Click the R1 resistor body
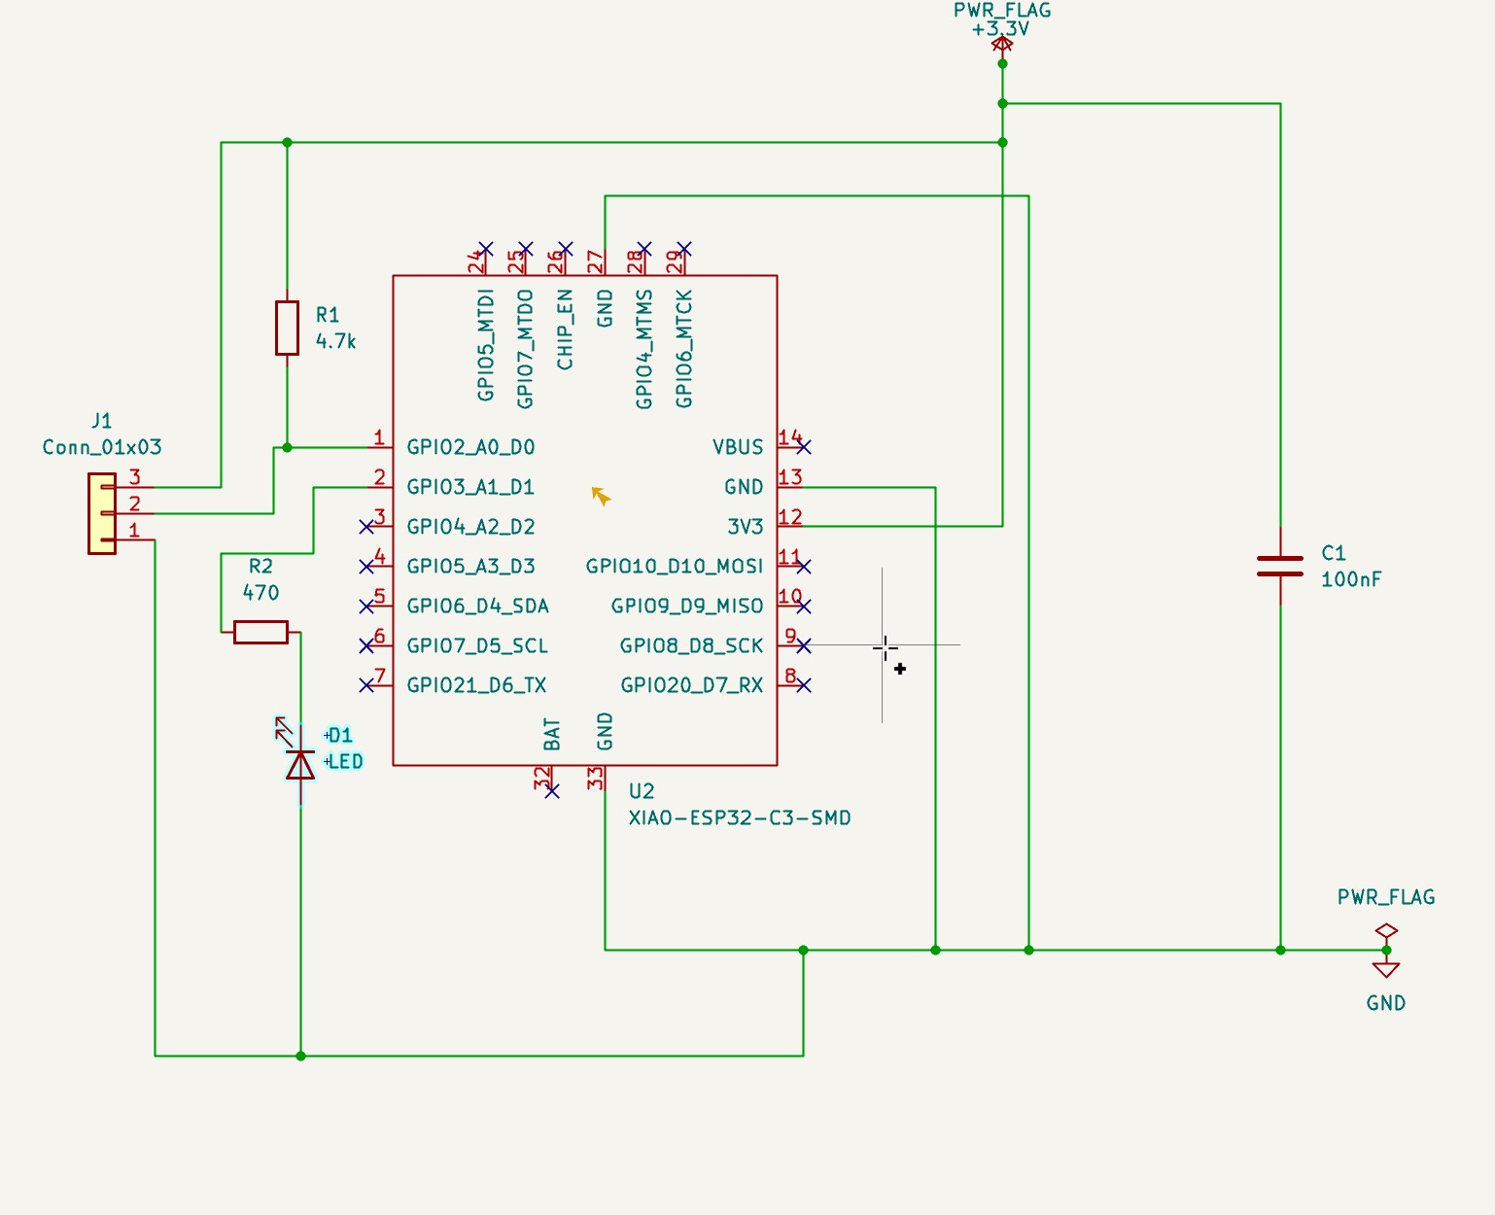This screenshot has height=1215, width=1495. click(x=287, y=328)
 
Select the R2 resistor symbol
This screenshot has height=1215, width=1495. click(x=261, y=633)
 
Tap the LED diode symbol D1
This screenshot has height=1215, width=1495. click(x=300, y=765)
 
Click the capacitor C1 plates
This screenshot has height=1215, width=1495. click(x=1280, y=566)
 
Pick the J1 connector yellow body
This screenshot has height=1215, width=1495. click(x=101, y=513)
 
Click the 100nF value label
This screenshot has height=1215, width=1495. click(x=1350, y=579)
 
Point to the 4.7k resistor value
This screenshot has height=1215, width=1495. click(x=335, y=341)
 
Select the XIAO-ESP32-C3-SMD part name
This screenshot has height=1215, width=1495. click(x=739, y=817)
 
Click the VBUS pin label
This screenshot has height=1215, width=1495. click(x=738, y=447)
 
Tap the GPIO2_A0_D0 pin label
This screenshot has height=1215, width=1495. click(x=470, y=447)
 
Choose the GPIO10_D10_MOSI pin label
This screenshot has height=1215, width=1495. click(x=674, y=566)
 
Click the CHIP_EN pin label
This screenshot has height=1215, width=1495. click(x=565, y=330)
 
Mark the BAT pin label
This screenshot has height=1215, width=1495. click(x=552, y=734)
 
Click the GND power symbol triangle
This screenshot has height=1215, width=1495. click(x=1386, y=969)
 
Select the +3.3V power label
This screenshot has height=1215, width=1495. click(x=1001, y=28)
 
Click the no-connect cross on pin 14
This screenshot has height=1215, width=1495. click(x=803, y=447)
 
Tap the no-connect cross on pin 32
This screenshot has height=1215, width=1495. click(x=552, y=791)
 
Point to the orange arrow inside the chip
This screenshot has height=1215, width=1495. click(x=601, y=496)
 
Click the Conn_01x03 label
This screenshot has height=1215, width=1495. click(x=102, y=447)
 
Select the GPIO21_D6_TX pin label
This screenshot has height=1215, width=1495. click(x=476, y=685)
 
